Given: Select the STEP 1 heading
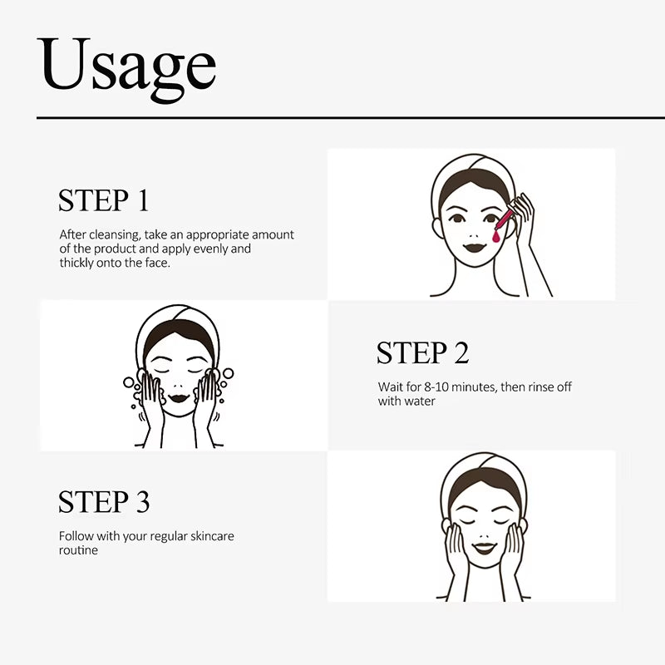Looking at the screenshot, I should (x=103, y=200).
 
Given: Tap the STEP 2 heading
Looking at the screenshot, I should (x=422, y=352).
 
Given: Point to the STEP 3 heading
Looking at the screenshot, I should (x=104, y=502).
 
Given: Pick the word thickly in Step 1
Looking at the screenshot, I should (x=77, y=263).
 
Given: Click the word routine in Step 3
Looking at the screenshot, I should (x=78, y=550).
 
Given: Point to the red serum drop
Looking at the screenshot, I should (x=495, y=237).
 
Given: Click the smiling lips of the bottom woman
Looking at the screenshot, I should (x=484, y=548).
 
